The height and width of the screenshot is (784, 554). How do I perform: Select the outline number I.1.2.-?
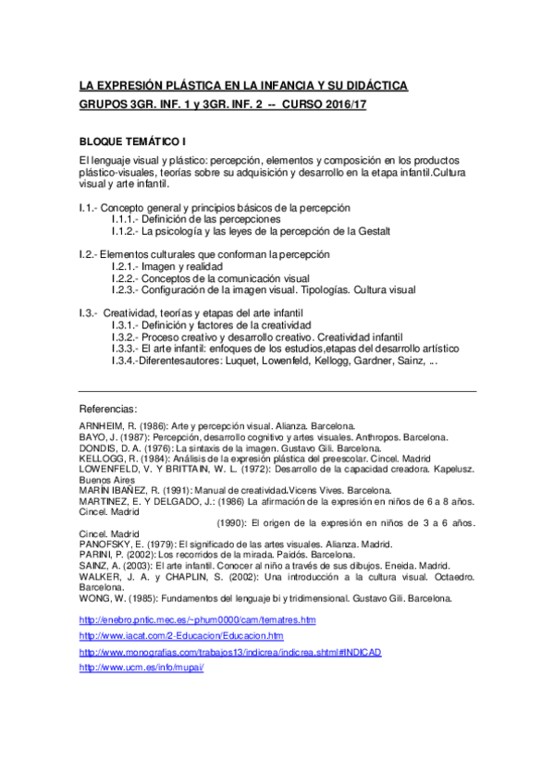(x=125, y=230)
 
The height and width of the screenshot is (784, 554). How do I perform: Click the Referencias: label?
(x=109, y=408)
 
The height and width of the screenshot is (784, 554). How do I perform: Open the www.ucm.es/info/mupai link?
(x=142, y=668)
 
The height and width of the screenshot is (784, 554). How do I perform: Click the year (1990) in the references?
(x=233, y=523)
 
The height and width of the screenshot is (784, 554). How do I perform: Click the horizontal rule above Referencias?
(x=277, y=392)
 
